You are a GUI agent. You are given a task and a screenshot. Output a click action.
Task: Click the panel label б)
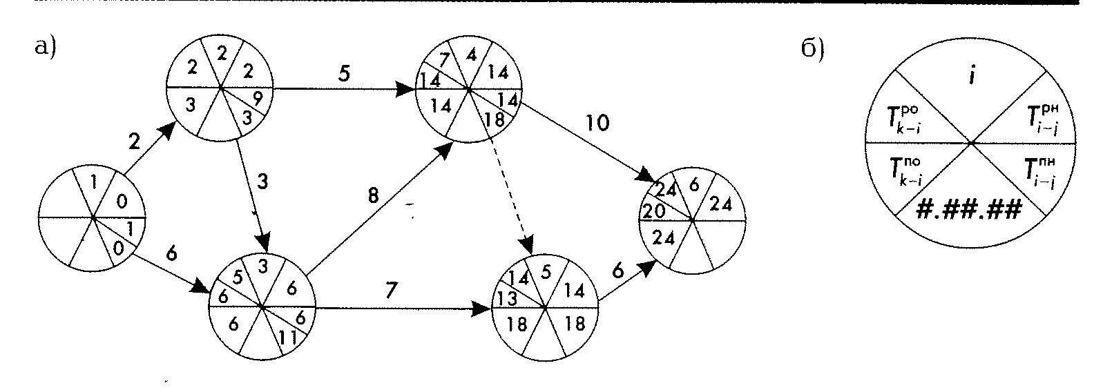pos(813,49)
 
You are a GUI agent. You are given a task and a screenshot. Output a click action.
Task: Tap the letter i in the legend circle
pos(971,75)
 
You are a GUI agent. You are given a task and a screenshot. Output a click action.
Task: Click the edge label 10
pos(597,124)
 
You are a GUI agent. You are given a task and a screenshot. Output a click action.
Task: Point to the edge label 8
pos(373,196)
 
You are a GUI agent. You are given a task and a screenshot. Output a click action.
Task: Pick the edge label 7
pos(391,291)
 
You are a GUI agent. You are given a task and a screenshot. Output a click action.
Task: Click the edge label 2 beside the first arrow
pos(135,142)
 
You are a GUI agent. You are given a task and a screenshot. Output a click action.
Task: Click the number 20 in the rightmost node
pos(653,211)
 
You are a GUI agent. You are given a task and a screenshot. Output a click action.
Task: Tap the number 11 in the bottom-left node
pos(288,338)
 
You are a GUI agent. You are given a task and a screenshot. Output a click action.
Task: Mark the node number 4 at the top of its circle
pos(471,54)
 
